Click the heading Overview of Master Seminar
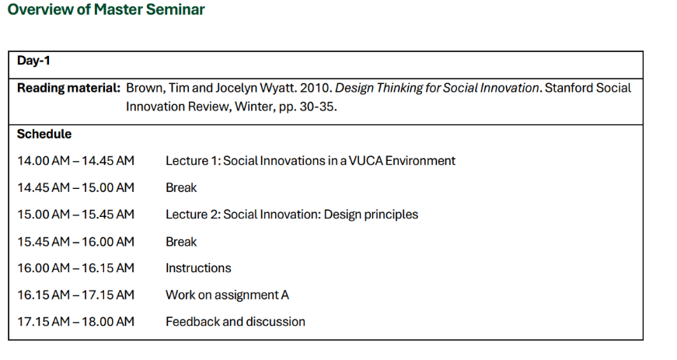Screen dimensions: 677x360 click(x=106, y=9)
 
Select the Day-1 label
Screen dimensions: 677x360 click(x=33, y=61)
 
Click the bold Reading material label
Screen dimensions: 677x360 click(x=68, y=88)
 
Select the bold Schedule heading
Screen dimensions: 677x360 click(x=44, y=134)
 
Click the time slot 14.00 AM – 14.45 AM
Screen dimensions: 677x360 click(x=75, y=161)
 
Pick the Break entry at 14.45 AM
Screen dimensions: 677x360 click(x=181, y=187)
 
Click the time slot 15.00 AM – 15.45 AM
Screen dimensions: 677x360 click(x=75, y=215)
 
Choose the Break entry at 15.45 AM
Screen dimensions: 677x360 click(x=181, y=242)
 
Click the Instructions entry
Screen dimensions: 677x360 click(x=198, y=268)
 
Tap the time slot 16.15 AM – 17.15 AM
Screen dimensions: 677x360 click(x=75, y=295)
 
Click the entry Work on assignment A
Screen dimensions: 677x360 click(x=227, y=295)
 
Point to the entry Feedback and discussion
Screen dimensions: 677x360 click(x=236, y=322)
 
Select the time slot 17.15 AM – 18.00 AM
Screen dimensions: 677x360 click(x=75, y=322)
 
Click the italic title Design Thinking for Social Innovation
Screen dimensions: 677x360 click(x=437, y=88)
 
